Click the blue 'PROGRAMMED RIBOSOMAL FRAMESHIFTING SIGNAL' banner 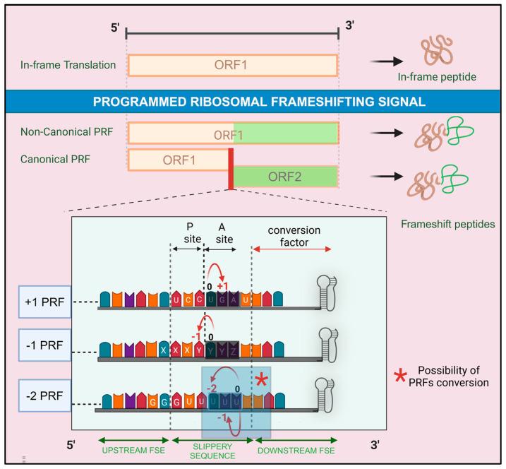[x=253, y=101]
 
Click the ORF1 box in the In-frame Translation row [x=233, y=65]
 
